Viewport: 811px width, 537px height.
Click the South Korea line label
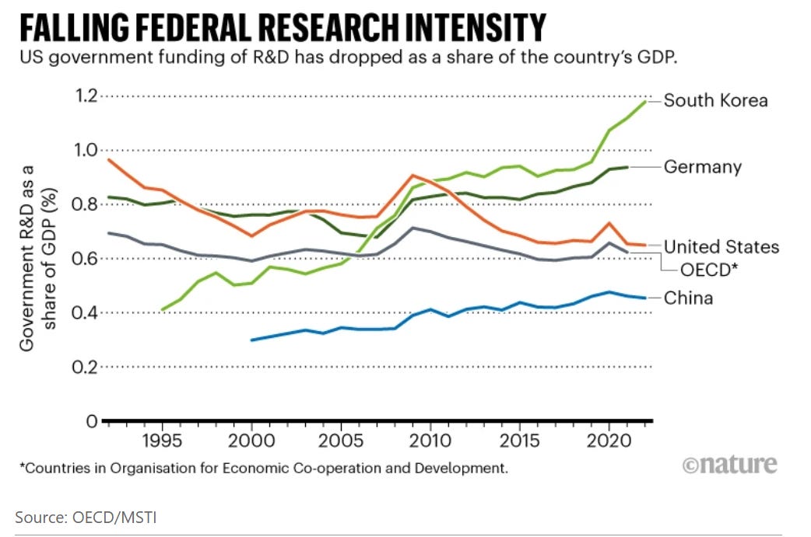pyautogui.click(x=715, y=101)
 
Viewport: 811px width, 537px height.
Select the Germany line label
pyautogui.click(x=702, y=167)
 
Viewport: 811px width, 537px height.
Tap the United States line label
pyautogui.click(x=721, y=247)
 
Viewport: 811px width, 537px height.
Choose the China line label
pyautogui.click(x=688, y=298)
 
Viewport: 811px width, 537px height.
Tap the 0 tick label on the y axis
pyautogui.click(x=90, y=421)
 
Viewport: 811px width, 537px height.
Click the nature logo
pyautogui.click(x=729, y=465)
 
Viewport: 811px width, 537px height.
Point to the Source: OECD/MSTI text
pyautogui.click(x=86, y=516)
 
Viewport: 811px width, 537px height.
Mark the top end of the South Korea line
pyautogui.click(x=645, y=101)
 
